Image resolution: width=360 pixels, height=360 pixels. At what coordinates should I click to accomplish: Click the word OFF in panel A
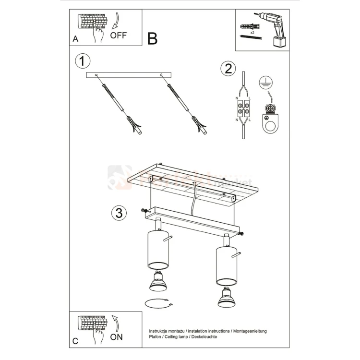click(x=119, y=35)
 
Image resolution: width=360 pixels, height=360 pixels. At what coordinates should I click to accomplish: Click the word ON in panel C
click(x=117, y=336)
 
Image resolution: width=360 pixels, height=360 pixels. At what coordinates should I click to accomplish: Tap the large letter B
click(x=152, y=39)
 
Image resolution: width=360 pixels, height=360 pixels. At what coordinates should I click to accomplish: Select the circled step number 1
click(x=83, y=61)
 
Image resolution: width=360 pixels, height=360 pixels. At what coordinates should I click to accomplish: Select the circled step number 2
click(x=228, y=69)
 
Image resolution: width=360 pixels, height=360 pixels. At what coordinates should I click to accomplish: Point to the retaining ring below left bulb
click(x=157, y=303)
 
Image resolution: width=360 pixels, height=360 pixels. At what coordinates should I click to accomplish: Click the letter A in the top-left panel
click(x=75, y=39)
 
